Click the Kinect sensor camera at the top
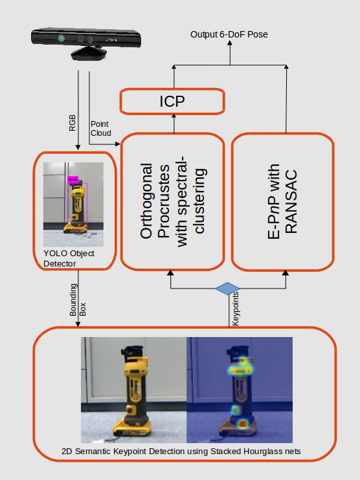coord(86,43)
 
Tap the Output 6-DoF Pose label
coord(229,34)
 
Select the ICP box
coord(172,102)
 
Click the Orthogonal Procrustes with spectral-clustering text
coord(172,201)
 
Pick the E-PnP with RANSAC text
coord(282,201)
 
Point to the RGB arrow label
coord(72,123)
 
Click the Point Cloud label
coord(100,129)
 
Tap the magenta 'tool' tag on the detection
coord(73,179)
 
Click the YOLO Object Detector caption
coord(69,258)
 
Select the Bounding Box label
coord(78,300)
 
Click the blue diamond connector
coord(227,289)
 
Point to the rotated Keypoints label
coord(235,309)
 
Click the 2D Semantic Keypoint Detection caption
coord(181,452)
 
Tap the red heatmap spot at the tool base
coord(243,424)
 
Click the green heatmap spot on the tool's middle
coord(235,409)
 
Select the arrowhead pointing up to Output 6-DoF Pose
coord(230,43)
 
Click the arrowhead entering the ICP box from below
coord(174,116)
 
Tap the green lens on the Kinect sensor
coord(62,38)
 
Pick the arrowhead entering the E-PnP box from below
coord(286,273)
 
